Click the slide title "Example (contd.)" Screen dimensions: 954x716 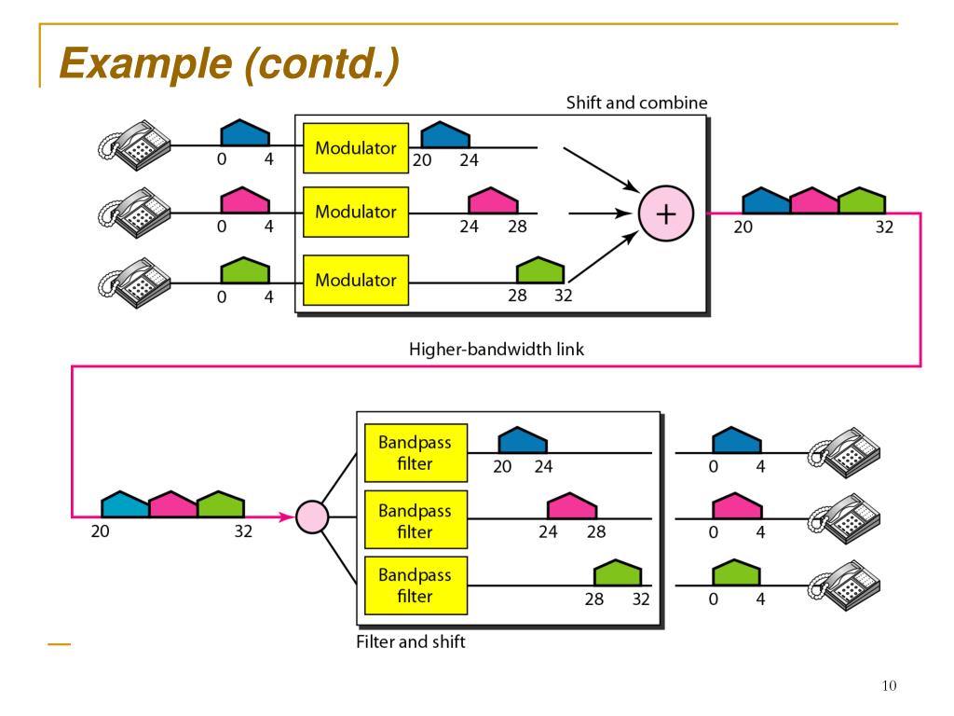coord(229,63)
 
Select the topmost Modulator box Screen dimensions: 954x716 coord(356,148)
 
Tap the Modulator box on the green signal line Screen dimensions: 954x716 coord(356,280)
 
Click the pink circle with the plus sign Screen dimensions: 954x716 coord(665,213)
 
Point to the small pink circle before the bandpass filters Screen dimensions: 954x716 coord(312,516)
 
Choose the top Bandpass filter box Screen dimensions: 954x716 coord(416,453)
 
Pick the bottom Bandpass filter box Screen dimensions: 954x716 coord(416,585)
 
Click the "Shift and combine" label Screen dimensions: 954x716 coord(636,103)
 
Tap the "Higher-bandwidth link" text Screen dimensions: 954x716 coord(497,349)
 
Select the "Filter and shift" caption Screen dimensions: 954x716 coord(411,641)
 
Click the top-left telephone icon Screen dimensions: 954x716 coord(135,145)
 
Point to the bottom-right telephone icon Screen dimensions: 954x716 coord(844,585)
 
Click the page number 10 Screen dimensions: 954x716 coord(889,685)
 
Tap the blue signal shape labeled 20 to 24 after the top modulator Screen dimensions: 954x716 coord(445,134)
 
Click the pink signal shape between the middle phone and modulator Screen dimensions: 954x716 coord(245,200)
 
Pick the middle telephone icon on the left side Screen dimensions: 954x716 coord(135,213)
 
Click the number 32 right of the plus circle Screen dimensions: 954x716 coord(884,227)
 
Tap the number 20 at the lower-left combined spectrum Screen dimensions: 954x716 coord(100,531)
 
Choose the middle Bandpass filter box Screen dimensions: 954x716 coord(416,519)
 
